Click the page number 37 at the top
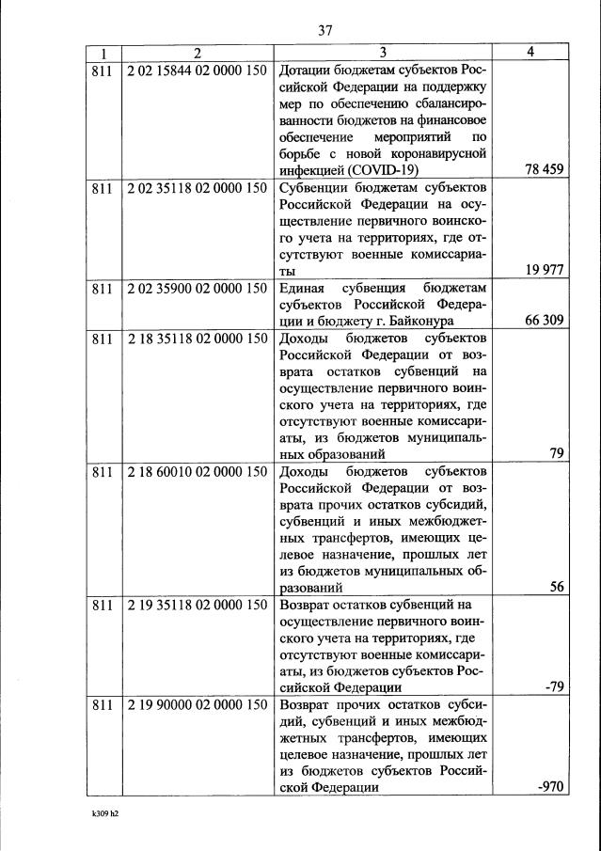pyautogui.click(x=325, y=30)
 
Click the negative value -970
pyautogui.click(x=548, y=788)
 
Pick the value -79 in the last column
pyautogui.click(x=553, y=686)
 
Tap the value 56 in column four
pyautogui.click(x=556, y=586)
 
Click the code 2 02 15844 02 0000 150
pyautogui.click(x=197, y=71)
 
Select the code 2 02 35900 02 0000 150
pyautogui.click(x=197, y=289)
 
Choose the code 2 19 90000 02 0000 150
pyautogui.click(x=197, y=704)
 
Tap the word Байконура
pyautogui.click(x=421, y=322)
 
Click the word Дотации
pyautogui.click(x=308, y=71)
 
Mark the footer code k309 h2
pyautogui.click(x=97, y=815)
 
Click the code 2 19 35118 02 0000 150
pyautogui.click(x=197, y=604)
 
